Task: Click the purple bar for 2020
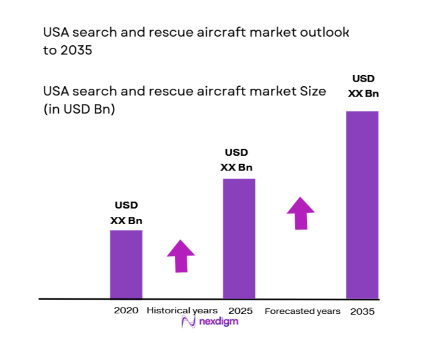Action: tap(126, 264)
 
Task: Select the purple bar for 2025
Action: tap(238, 239)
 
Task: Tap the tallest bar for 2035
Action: tap(362, 205)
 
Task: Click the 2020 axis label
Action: tap(126, 310)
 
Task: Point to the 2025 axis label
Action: tap(240, 311)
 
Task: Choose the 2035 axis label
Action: tap(362, 311)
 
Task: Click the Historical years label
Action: tap(182, 310)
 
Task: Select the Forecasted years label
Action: tap(303, 311)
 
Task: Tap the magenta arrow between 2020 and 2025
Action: tap(181, 255)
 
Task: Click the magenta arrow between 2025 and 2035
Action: tap(301, 213)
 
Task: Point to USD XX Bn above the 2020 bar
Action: tap(126, 213)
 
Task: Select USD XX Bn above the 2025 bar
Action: tap(237, 160)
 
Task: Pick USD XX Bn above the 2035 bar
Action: tap(363, 86)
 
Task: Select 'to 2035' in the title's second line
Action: tap(67, 50)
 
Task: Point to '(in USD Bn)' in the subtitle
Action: tap(79, 109)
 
